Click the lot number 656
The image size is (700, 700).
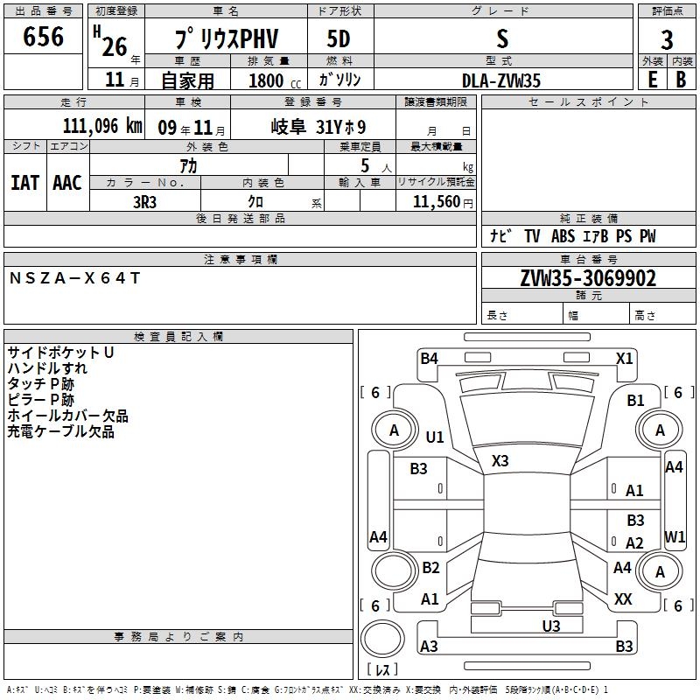(x=43, y=37)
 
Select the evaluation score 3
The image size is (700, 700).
(x=667, y=40)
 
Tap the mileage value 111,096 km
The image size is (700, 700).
(x=102, y=126)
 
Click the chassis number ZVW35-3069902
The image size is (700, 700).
(x=588, y=278)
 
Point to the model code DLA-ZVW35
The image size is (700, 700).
(x=500, y=80)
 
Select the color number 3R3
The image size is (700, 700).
(x=144, y=202)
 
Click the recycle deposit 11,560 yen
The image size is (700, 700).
(x=443, y=202)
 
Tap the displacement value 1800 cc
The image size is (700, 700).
(x=275, y=80)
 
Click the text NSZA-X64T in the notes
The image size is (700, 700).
(x=74, y=278)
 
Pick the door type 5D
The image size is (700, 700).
(x=339, y=39)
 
